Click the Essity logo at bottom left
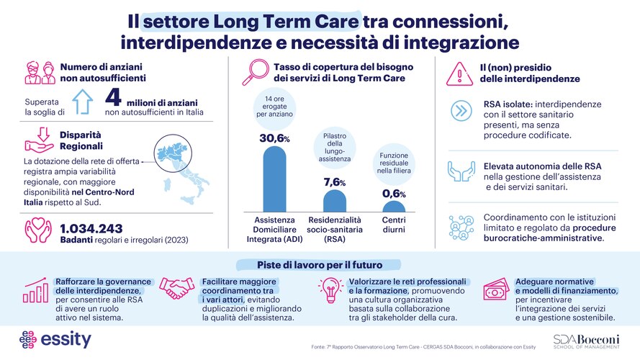[x=55, y=338]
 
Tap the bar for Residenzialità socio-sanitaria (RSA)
[x=334, y=201]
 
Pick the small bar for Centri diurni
[x=393, y=207]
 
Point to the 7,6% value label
[x=334, y=183]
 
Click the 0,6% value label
[x=393, y=194]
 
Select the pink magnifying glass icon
[x=256, y=72]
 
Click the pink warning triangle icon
[x=461, y=72]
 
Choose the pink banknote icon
[x=494, y=290]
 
